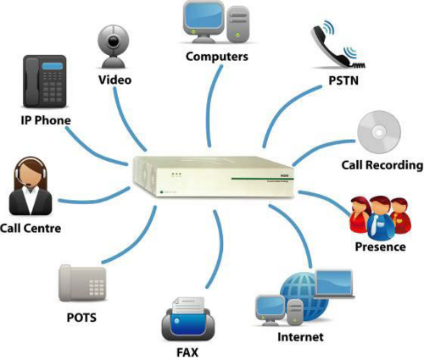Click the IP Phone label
(x=46, y=120)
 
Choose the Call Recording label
(x=382, y=164)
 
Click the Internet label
(x=300, y=336)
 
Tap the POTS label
(x=81, y=319)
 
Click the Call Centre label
(x=31, y=229)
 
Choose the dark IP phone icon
(x=45, y=82)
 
